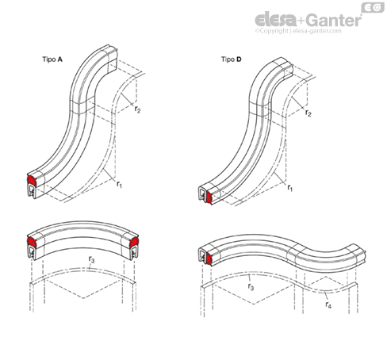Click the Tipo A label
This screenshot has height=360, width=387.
point(52,59)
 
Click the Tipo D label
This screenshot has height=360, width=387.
point(232,59)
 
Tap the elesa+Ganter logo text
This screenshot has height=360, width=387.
point(308,20)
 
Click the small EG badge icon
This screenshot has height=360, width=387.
point(373,7)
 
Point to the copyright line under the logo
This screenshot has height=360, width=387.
point(298,31)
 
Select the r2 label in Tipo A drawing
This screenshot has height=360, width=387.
point(137,109)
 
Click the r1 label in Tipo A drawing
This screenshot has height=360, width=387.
point(119,184)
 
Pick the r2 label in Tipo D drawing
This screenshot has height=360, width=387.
point(308,113)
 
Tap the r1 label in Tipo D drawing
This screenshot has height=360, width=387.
point(290,188)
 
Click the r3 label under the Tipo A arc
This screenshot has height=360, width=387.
point(91,259)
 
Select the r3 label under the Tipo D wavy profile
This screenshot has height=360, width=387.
point(251,286)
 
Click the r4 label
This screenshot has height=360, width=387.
point(328,304)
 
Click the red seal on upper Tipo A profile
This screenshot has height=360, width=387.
point(32,180)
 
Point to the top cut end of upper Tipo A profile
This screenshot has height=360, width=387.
point(113,57)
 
